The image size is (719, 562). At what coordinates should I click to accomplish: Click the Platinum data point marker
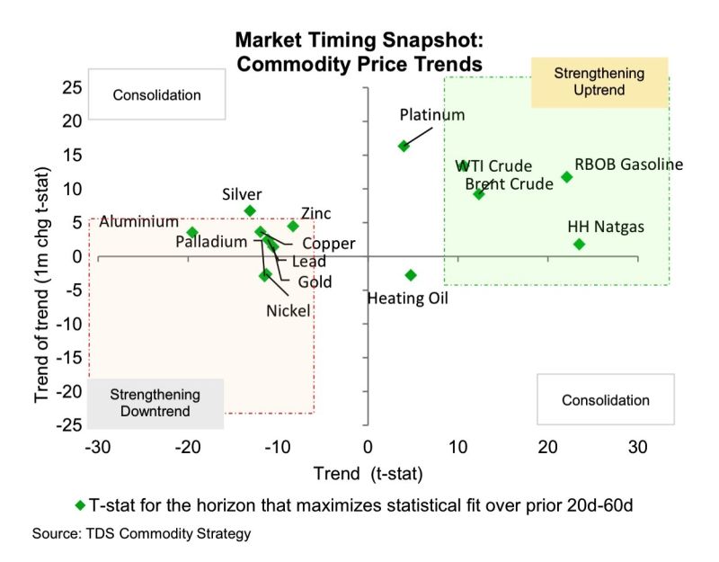click(x=404, y=146)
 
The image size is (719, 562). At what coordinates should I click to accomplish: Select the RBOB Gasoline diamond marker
click(x=566, y=177)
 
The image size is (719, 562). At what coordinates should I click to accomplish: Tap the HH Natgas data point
click(x=579, y=244)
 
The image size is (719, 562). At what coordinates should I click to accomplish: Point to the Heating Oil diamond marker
click(x=411, y=275)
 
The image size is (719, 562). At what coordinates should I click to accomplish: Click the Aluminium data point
click(x=191, y=232)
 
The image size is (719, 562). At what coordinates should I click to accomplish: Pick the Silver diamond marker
click(x=250, y=210)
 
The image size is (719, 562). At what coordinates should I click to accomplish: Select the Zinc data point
click(x=293, y=226)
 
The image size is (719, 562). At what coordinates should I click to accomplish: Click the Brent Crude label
click(x=509, y=184)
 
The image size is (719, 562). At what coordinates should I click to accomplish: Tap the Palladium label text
click(x=211, y=242)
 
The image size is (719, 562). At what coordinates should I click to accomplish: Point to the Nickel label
click(x=288, y=310)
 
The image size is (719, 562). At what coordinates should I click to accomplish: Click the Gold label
click(x=315, y=281)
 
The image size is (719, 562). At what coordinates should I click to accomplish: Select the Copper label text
click(x=329, y=244)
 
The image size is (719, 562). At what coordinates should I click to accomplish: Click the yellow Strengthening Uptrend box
click(x=599, y=82)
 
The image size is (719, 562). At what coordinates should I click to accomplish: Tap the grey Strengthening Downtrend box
click(x=155, y=404)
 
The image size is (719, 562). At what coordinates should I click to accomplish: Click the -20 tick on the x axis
click(x=186, y=447)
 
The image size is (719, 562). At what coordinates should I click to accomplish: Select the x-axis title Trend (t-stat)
click(x=368, y=473)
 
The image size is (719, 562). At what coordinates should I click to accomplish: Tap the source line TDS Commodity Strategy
click(x=141, y=534)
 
